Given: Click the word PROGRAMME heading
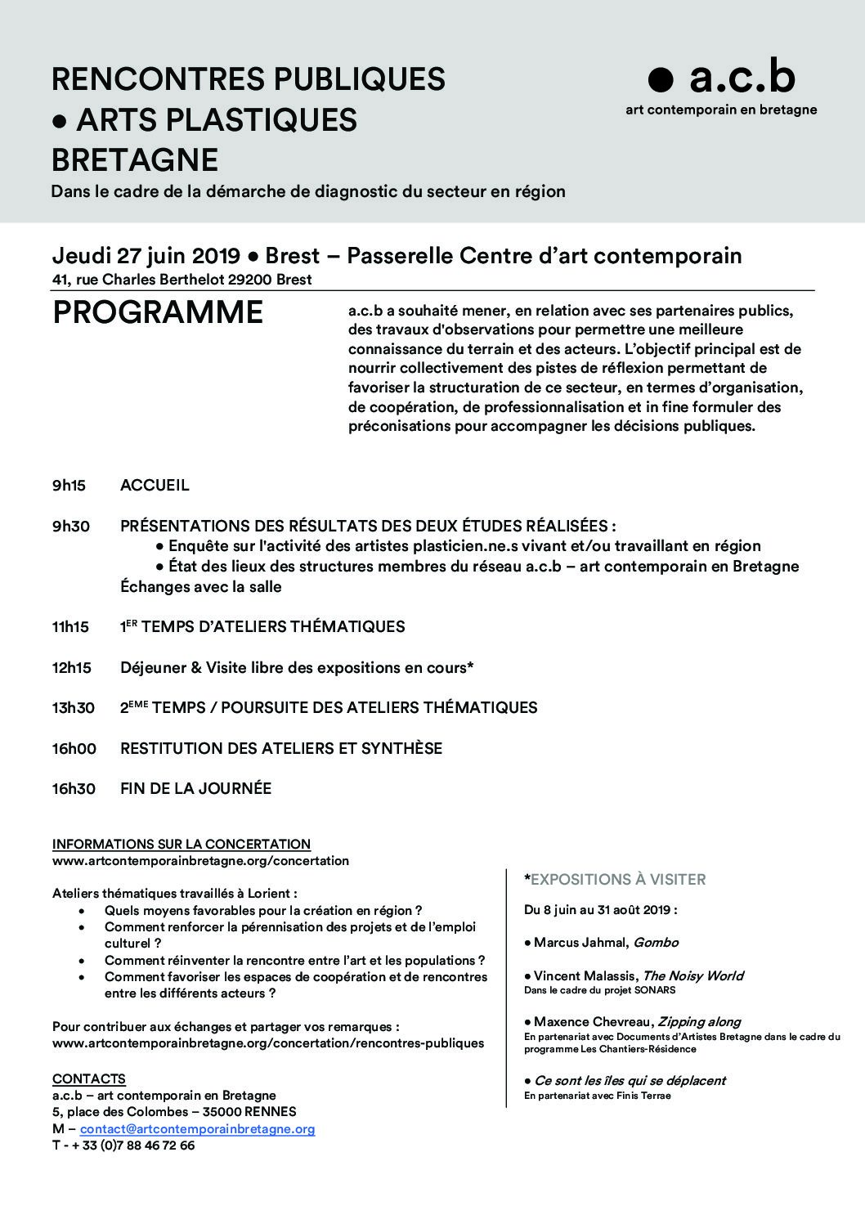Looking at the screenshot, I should (158, 313).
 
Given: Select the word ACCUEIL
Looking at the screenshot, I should (155, 486).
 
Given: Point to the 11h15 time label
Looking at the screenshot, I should (70, 627).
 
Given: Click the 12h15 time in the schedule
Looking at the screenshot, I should (72, 668).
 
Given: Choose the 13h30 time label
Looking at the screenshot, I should (74, 708).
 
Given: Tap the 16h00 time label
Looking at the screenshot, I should (74, 748).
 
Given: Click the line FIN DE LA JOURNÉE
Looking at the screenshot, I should (195, 789).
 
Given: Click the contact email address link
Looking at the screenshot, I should (197, 1129).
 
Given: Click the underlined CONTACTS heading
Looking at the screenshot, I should (89, 1079).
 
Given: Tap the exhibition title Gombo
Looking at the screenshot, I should (657, 942).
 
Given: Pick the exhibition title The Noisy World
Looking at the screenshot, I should (692, 975).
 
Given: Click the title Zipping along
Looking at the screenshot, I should (699, 1021).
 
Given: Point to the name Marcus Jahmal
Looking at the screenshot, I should (580, 942).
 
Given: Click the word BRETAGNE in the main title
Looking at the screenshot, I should (135, 159).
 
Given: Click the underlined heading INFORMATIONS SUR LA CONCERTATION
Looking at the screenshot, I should (181, 844).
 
